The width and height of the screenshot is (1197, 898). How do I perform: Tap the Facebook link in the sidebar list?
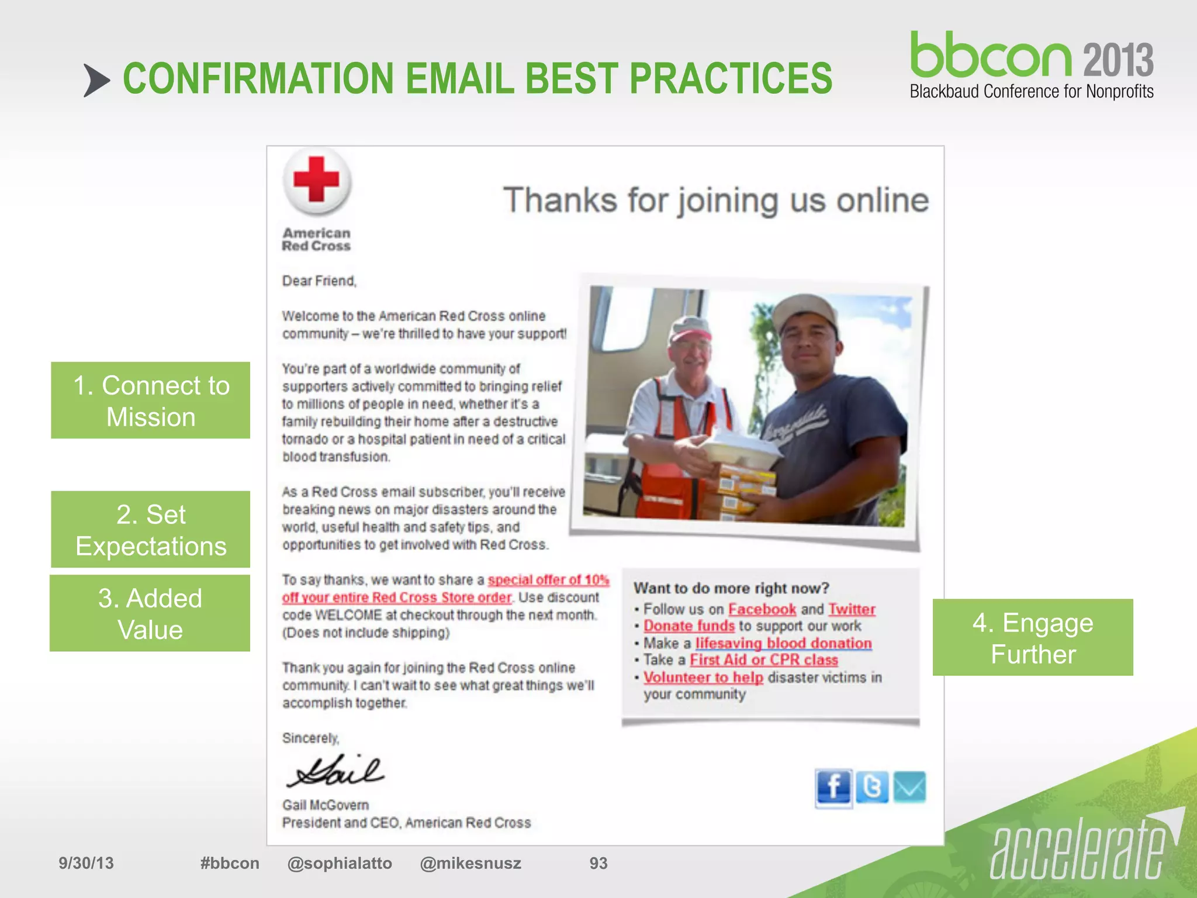pos(762,609)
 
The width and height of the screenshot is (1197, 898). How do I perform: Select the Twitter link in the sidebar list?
pos(852,609)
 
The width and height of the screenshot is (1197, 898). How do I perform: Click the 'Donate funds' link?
pos(689,626)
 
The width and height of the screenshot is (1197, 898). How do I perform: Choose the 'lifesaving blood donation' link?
pos(783,643)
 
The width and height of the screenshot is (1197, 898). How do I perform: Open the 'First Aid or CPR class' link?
pos(764,660)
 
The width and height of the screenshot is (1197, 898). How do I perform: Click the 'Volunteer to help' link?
pos(703,678)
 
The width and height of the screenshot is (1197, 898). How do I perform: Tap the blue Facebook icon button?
pos(833,788)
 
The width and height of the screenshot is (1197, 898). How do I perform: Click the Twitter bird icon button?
pos(872,788)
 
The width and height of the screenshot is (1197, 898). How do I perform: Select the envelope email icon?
pos(909,788)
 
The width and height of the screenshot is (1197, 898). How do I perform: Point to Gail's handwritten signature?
pos(335,771)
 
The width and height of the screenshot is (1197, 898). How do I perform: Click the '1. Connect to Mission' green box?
pos(151,400)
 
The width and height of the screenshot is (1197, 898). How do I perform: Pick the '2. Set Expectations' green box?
pos(151,530)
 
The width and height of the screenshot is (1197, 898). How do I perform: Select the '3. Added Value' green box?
pos(150,613)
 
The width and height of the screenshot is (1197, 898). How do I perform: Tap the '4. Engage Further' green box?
pos(1033,638)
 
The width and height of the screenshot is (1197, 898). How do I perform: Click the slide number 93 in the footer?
pos(598,864)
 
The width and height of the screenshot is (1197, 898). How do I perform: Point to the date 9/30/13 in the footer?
pos(86,864)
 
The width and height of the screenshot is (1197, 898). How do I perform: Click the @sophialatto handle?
pos(340,864)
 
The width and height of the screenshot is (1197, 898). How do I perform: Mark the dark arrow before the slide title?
pos(96,80)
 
